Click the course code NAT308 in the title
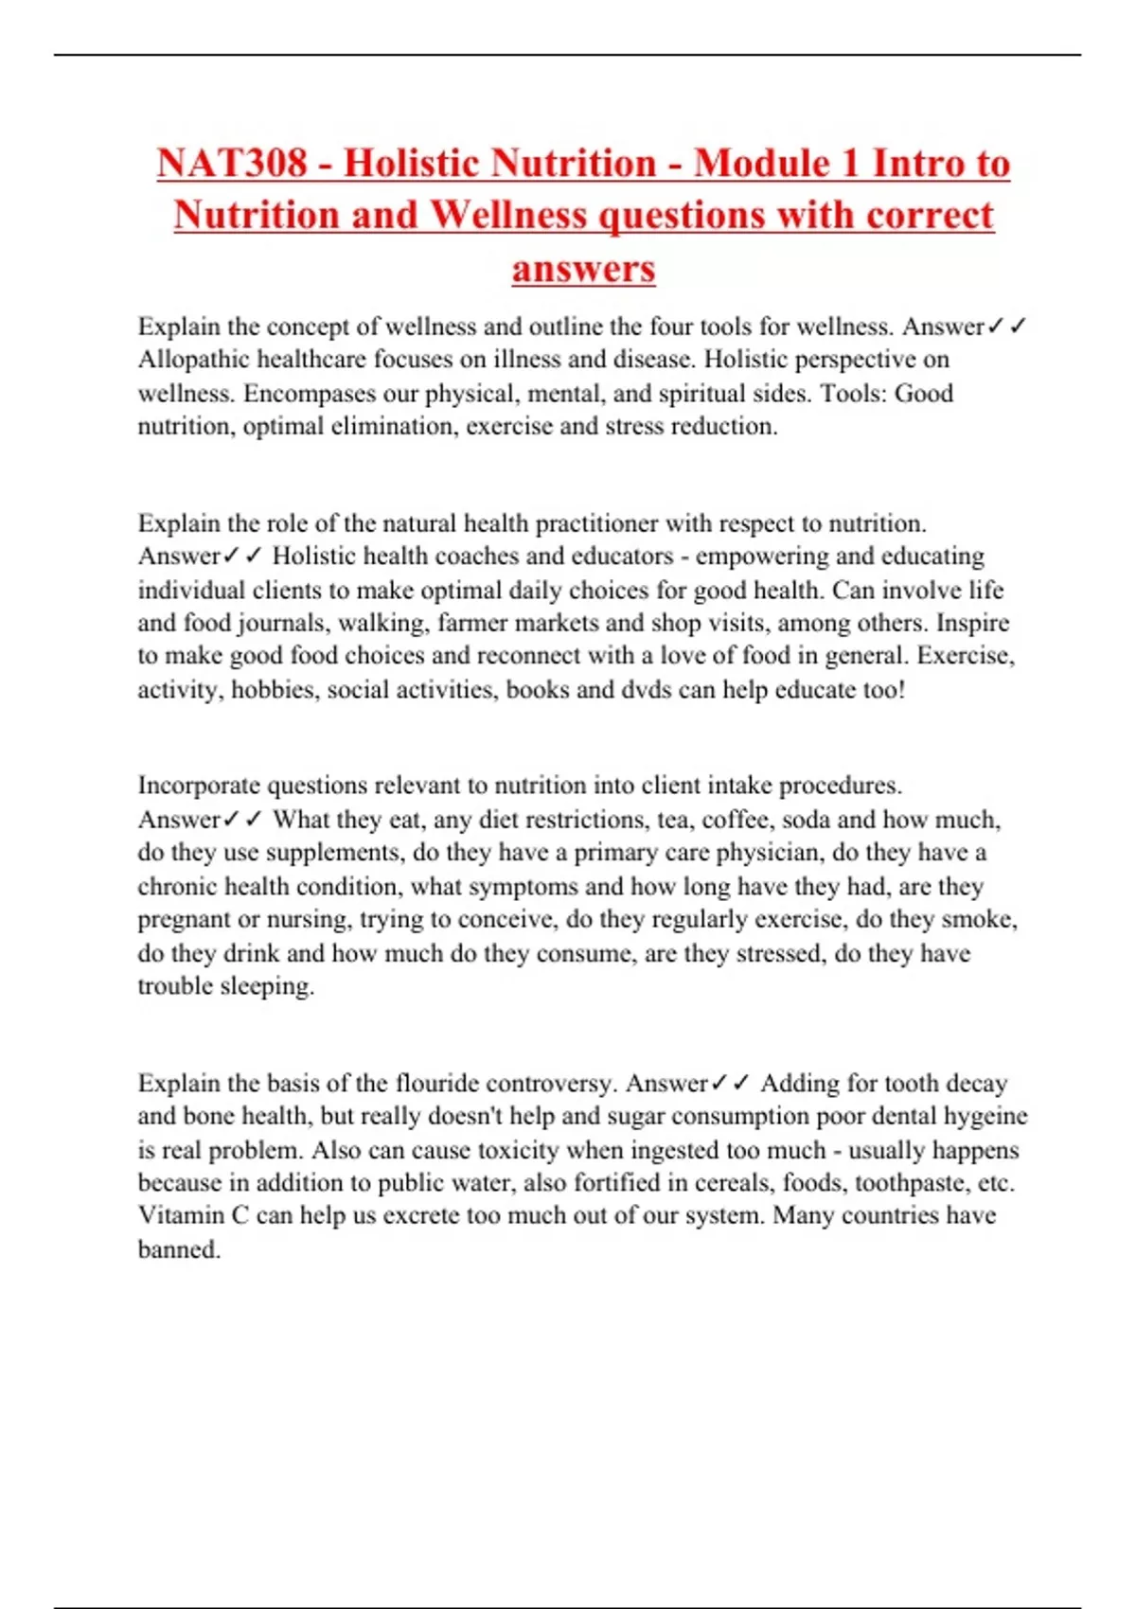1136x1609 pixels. [x=232, y=163]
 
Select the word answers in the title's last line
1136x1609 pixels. [x=583, y=268]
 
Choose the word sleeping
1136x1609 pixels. [x=267, y=986]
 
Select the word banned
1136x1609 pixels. [x=179, y=1249]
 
